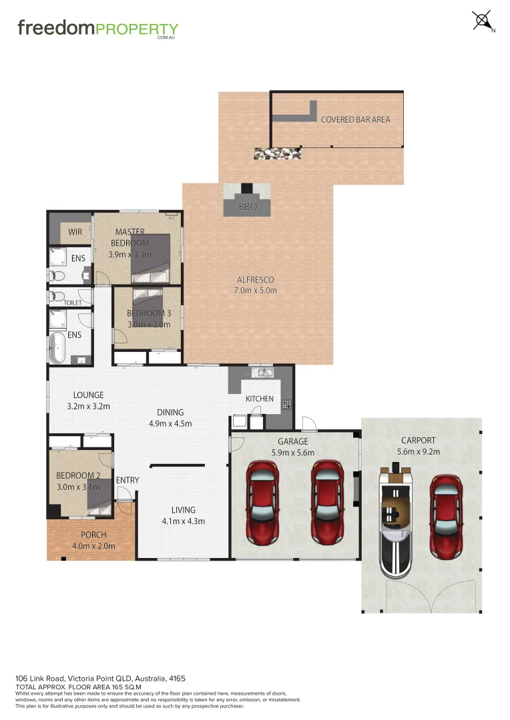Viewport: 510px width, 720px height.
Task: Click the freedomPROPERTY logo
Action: tap(97, 29)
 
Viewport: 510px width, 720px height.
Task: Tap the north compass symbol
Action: tap(482, 21)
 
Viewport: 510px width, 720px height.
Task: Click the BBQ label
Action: tap(248, 207)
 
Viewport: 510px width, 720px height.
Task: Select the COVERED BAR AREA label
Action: tap(355, 119)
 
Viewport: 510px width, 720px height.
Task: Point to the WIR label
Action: tap(75, 233)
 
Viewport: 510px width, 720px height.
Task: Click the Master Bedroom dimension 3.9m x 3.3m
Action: tap(130, 254)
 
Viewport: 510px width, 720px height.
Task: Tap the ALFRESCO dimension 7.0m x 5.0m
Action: tap(256, 290)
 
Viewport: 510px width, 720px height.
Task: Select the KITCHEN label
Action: tap(260, 399)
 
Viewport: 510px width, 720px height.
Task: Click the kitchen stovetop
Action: tap(286, 403)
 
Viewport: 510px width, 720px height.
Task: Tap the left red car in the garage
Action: tap(263, 500)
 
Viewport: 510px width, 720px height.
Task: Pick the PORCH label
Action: tap(93, 535)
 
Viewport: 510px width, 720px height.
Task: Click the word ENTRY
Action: tap(127, 480)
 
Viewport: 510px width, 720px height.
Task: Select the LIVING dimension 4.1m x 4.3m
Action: tap(183, 521)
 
